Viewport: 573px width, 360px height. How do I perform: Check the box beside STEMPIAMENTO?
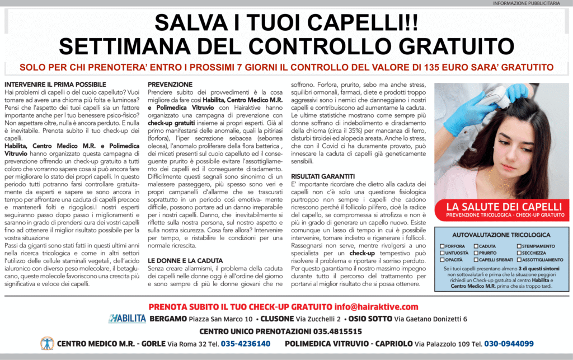(x=519, y=246)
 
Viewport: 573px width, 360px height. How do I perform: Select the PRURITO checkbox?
(x=476, y=253)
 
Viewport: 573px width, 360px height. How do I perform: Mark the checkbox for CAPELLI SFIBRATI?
(x=476, y=260)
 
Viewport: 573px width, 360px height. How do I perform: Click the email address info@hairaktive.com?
(x=377, y=306)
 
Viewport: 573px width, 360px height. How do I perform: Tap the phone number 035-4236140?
(x=246, y=343)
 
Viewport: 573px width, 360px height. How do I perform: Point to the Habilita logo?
(x=127, y=319)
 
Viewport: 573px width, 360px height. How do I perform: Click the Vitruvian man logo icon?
(x=47, y=343)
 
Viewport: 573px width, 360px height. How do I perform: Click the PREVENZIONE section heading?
(x=170, y=84)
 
